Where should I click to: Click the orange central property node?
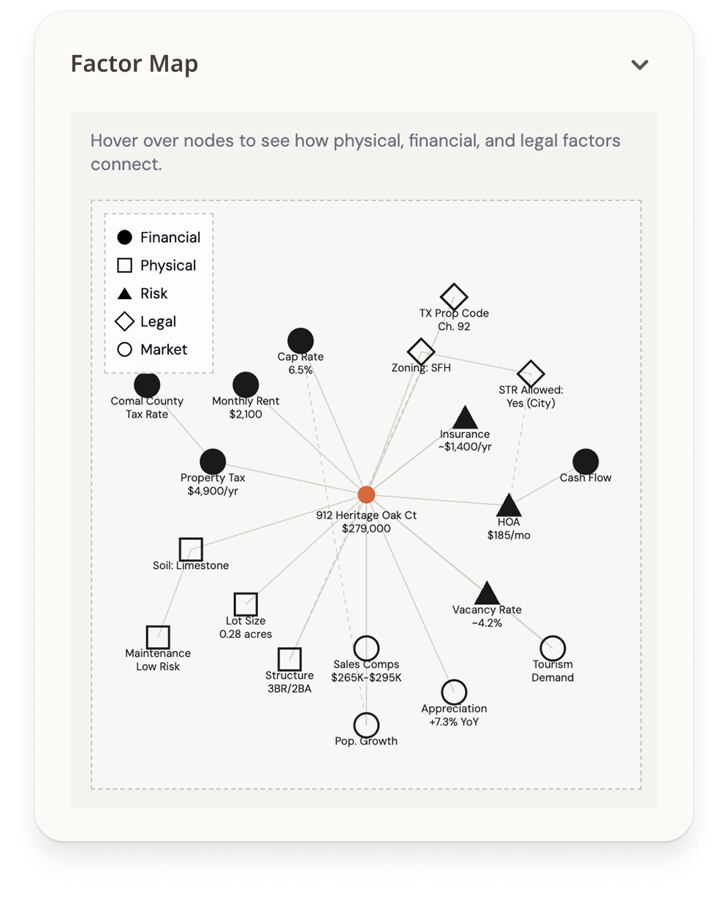[x=366, y=494]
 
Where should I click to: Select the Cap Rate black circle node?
[x=300, y=340]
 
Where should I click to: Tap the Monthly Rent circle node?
[x=246, y=385]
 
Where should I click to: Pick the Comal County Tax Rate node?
[x=147, y=385]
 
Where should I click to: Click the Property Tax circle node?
[x=213, y=461]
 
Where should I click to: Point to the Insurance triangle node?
[x=465, y=418]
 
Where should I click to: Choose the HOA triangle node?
[x=509, y=505]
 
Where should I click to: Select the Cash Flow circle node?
[x=585, y=461]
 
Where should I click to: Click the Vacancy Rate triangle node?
[x=487, y=594]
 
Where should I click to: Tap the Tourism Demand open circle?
[x=553, y=648]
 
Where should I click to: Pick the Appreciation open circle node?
[x=454, y=692]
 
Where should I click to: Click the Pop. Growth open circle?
[x=366, y=725]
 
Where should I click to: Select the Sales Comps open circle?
[x=366, y=648]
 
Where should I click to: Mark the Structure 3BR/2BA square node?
[x=289, y=659]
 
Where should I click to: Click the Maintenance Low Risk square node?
[x=158, y=637]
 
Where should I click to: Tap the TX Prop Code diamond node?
[x=454, y=297]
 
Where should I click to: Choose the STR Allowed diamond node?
[x=531, y=374]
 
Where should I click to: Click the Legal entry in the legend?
[x=157, y=321]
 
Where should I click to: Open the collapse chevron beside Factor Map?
[x=640, y=64]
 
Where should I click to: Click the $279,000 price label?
[x=366, y=528]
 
